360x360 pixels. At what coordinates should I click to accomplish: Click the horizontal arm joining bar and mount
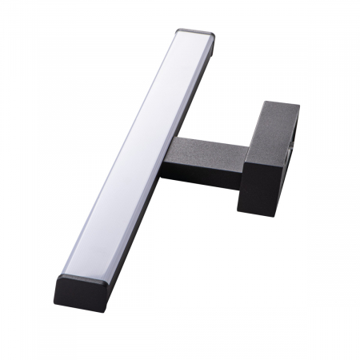point(204,160)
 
